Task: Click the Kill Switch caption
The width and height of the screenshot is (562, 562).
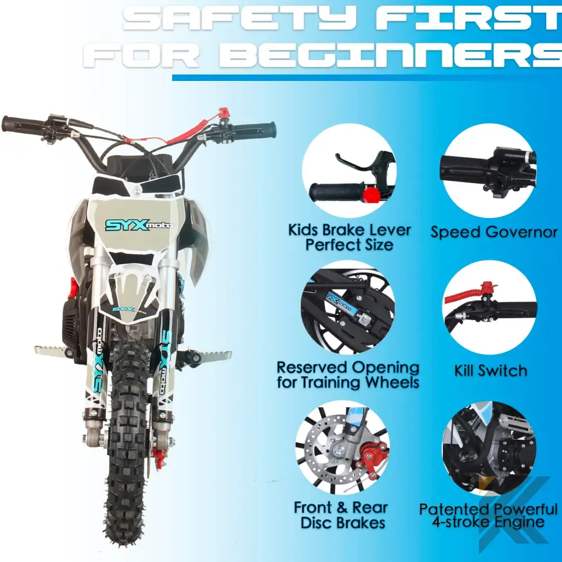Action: coord(491,371)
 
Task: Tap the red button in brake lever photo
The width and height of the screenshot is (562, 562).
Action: coord(369,194)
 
